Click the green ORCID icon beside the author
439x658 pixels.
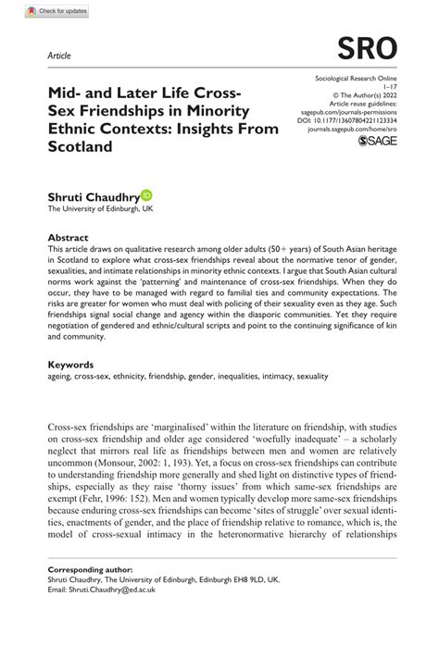[x=147, y=196]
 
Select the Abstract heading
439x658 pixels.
[x=69, y=238]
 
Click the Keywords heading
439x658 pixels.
[x=71, y=366]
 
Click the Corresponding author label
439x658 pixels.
[x=90, y=569]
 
